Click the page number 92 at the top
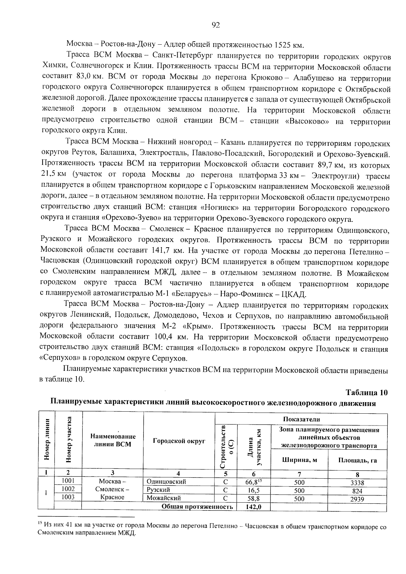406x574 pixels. pyautogui.click(x=216, y=25)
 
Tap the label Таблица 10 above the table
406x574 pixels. pyautogui.click(x=366, y=392)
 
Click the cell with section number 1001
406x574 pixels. pyautogui.click(x=68, y=481)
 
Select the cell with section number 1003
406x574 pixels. pyautogui.click(x=68, y=497)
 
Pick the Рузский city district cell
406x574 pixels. pyautogui.click(x=158, y=489)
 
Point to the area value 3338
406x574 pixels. pyautogui.click(x=357, y=483)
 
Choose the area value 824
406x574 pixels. pyautogui.click(x=357, y=491)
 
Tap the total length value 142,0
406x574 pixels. pyautogui.click(x=253, y=507)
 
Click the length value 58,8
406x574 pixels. pyautogui.click(x=253, y=499)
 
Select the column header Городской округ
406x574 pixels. pyautogui.click(x=179, y=441)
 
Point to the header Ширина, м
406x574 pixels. pyautogui.click(x=299, y=460)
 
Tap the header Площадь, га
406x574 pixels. pyautogui.click(x=357, y=460)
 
